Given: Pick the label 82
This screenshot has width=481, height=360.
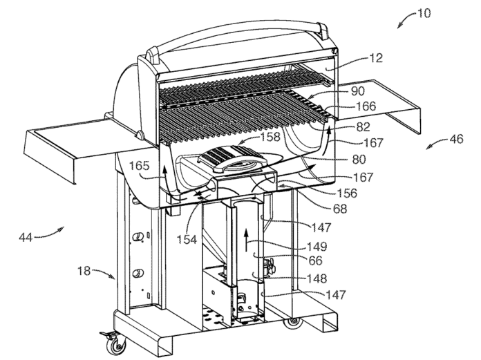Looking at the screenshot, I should coord(362,127).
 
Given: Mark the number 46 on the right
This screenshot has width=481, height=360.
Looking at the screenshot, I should coord(456,138).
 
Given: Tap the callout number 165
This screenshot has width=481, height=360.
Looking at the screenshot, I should coord(139,167).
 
